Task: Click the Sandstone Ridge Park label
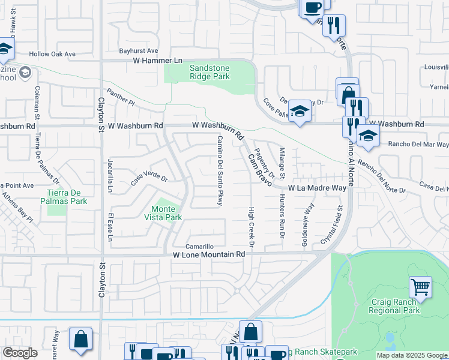pos(209,73)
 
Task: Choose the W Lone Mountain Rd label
pos(209,254)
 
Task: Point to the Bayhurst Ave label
pos(138,51)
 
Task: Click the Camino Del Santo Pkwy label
pos(220,170)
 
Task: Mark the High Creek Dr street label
pos(252,222)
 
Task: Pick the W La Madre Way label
pos(318,188)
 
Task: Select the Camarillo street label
pos(199,246)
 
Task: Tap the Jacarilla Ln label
pos(110,175)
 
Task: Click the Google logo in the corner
pos(20,353)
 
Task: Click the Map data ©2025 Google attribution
pos(412,355)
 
